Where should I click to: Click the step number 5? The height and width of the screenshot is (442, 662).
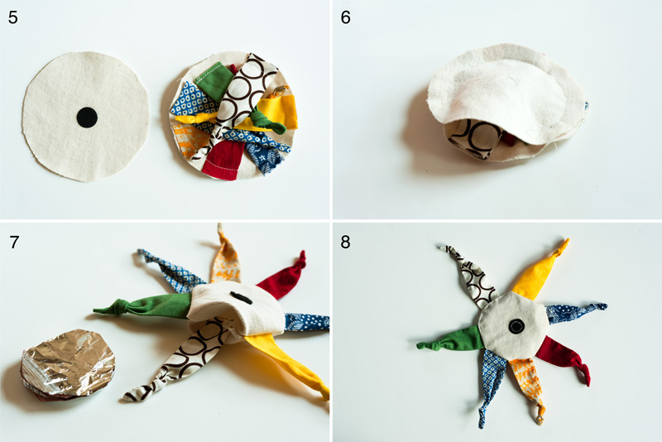13,17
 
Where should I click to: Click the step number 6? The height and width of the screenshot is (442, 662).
345,17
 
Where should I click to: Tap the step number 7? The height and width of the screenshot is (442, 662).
14,243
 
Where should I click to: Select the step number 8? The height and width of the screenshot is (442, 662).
345,243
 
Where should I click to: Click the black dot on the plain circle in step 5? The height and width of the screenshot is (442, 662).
87,118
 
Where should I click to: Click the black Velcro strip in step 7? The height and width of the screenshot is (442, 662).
241,298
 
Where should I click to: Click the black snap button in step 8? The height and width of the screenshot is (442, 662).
516,326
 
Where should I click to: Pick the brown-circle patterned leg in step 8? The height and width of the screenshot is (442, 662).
471,276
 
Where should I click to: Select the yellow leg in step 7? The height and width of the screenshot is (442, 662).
287,363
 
